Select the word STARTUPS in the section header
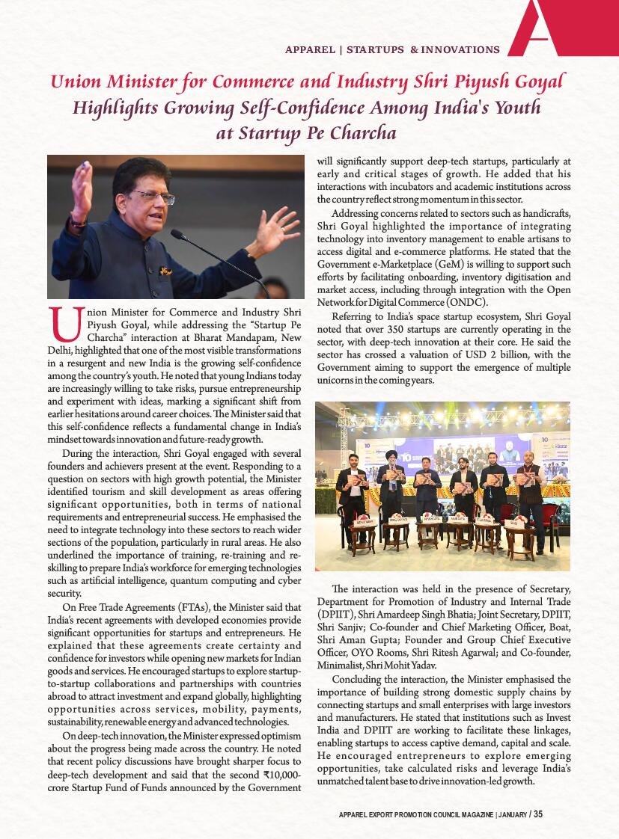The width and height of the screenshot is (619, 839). tap(376, 50)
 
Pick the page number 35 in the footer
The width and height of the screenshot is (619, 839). tap(538, 815)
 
